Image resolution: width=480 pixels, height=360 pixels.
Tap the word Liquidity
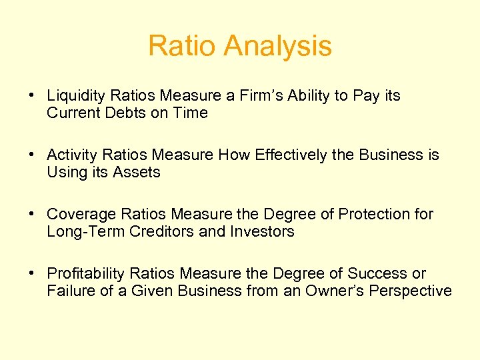73,96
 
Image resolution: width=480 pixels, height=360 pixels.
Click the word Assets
137,173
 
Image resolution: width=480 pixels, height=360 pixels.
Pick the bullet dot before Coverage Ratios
32,215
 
